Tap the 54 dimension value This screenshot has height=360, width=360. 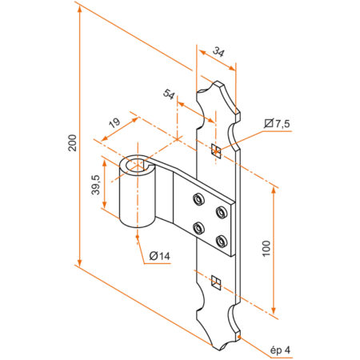point(169,94)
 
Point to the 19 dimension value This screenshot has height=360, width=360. point(114,123)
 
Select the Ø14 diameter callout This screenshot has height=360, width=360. point(160,256)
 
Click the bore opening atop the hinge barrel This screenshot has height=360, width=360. point(138,165)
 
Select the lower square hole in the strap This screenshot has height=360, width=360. point(214,280)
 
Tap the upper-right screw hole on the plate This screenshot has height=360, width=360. point(220,212)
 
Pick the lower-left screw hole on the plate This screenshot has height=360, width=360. point(198,226)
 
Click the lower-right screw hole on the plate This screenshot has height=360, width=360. point(220,240)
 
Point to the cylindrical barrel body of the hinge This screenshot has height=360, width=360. point(136,200)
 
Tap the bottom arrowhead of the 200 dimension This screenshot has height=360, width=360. point(80,261)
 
